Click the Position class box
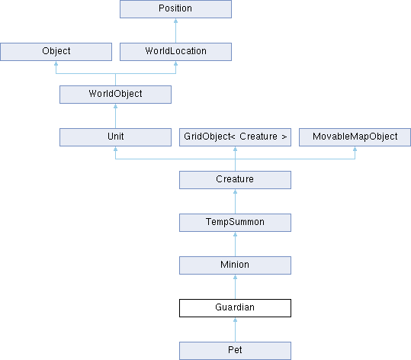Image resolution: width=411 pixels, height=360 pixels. pyautogui.click(x=175, y=9)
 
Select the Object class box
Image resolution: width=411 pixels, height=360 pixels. pyautogui.click(x=56, y=52)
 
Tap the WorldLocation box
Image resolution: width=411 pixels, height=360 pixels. pyautogui.click(x=175, y=52)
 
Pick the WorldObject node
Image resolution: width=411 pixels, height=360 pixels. pyautogui.click(x=116, y=95)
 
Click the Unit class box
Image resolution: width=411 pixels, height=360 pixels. pyautogui.click(x=116, y=137)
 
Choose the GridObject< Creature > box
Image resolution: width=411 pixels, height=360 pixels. pyautogui.click(x=235, y=137)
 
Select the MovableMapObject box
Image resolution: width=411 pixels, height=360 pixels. pyautogui.click(x=355, y=137)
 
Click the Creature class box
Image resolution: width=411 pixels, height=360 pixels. pyautogui.click(x=235, y=180)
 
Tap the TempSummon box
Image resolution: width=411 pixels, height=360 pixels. pyautogui.click(x=235, y=223)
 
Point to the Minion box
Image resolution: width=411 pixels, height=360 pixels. pyautogui.click(x=235, y=265)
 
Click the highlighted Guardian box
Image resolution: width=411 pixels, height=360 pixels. pyautogui.click(x=235, y=308)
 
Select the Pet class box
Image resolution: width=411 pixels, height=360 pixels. pyautogui.click(x=235, y=351)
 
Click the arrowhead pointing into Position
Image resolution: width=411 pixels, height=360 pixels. pyautogui.click(x=175, y=21)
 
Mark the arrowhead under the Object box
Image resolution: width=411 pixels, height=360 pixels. pyautogui.click(x=56, y=63)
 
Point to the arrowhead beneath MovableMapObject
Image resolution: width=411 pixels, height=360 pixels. pyautogui.click(x=355, y=149)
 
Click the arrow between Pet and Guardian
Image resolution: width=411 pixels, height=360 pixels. pyautogui.click(x=235, y=329)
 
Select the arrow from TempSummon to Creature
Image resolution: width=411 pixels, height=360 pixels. pyautogui.click(x=235, y=201)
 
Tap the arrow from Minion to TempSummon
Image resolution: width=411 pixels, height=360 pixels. pyautogui.click(x=235, y=244)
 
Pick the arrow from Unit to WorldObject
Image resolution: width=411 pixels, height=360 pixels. pyautogui.click(x=116, y=116)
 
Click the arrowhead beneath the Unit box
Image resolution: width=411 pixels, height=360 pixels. pyautogui.click(x=116, y=149)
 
